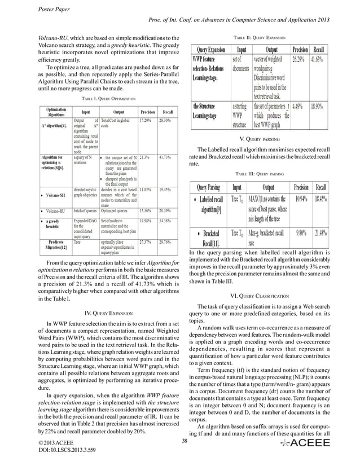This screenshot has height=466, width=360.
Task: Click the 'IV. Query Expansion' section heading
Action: (x=106, y=311)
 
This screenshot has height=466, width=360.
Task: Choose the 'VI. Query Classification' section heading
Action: (x=258, y=296)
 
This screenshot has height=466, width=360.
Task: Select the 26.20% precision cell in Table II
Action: (x=299, y=59)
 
